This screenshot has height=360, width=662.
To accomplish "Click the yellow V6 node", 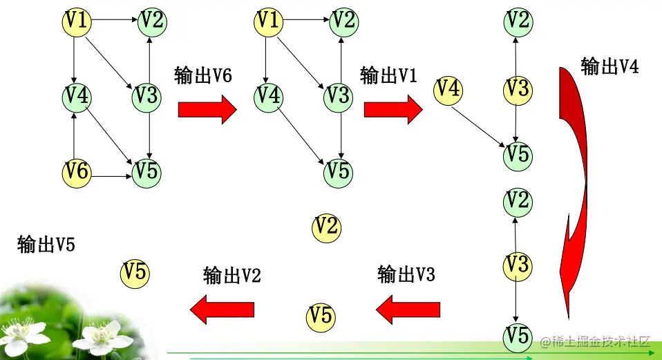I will [x=77, y=171].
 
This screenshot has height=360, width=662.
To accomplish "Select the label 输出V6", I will [x=202, y=75].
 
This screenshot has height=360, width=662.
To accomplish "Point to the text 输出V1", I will [x=388, y=75].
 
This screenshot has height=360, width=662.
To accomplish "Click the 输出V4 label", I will [x=609, y=66].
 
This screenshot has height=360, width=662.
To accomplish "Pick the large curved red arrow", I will [x=579, y=187].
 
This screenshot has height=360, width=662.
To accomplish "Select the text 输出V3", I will [x=406, y=274].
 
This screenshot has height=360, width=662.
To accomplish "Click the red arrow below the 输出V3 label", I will [x=408, y=308].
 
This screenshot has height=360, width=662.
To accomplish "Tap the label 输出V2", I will [x=231, y=276].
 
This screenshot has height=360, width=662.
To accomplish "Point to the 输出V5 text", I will [x=46, y=244].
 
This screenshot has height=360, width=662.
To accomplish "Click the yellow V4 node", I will [x=448, y=89].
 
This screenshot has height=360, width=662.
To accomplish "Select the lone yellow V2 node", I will [x=326, y=226].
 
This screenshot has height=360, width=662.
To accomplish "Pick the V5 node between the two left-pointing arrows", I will [x=321, y=316].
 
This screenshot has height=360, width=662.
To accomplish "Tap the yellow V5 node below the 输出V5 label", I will [x=135, y=273].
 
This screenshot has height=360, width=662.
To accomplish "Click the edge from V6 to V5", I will [x=111, y=177].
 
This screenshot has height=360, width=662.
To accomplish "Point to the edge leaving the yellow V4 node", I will [x=477, y=124].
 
